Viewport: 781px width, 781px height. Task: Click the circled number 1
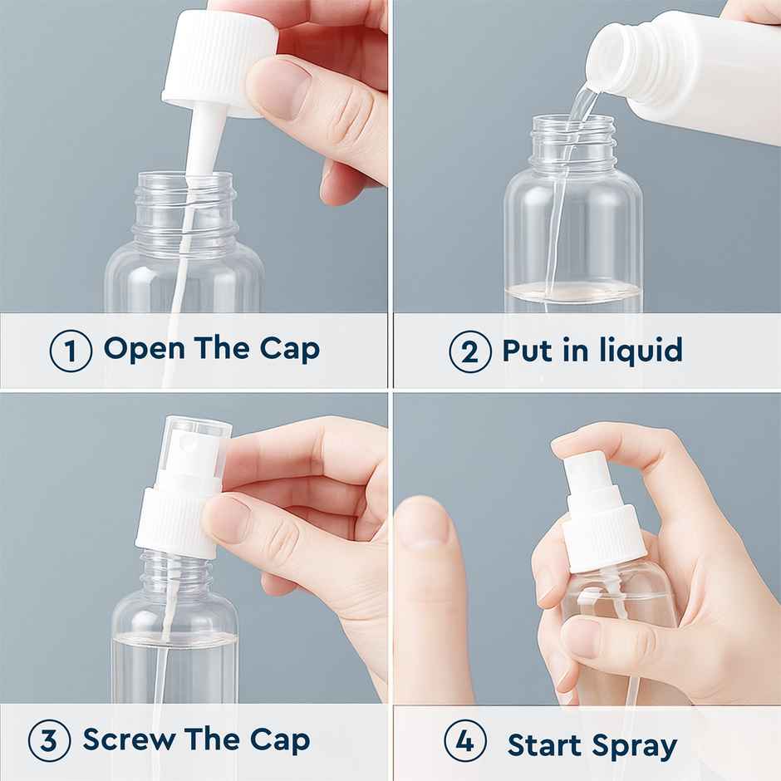coord(71,351)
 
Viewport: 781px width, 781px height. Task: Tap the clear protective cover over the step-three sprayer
coord(196,449)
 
